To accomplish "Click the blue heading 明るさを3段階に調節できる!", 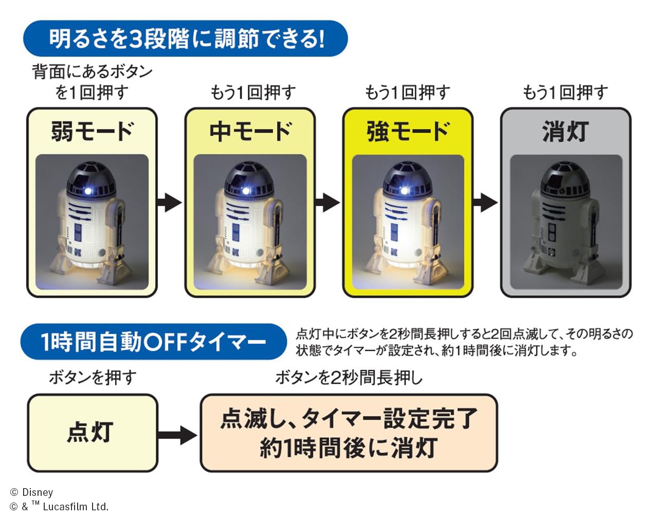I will [186, 39].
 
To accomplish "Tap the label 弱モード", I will [92, 132].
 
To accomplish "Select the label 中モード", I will [250, 132].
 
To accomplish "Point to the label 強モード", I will [408, 132].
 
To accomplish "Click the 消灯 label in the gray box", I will [565, 132].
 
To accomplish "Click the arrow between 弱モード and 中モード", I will [170, 202].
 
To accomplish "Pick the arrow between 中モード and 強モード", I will [327, 202].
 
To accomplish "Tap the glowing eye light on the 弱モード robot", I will [88, 191].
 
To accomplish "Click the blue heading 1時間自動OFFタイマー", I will [153, 342].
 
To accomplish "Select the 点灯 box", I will [92, 433].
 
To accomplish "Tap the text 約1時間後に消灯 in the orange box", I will [349, 448].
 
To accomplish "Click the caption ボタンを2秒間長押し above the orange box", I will [349, 378].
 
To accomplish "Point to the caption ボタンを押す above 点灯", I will [93, 378].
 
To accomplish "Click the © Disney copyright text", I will [32, 492].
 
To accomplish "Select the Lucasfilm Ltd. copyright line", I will [59, 507].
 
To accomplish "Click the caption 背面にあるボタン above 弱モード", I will [93, 72].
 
